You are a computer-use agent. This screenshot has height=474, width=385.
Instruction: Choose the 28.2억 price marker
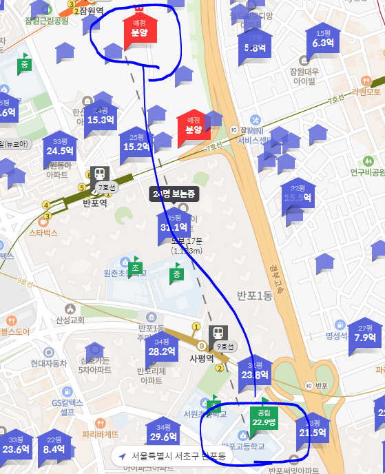(x=162, y=351)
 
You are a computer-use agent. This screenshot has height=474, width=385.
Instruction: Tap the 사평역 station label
(x=203, y=358)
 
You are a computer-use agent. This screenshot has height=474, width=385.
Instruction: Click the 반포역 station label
(x=95, y=203)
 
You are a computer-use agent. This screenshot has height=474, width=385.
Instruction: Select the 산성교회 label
(x=70, y=320)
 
